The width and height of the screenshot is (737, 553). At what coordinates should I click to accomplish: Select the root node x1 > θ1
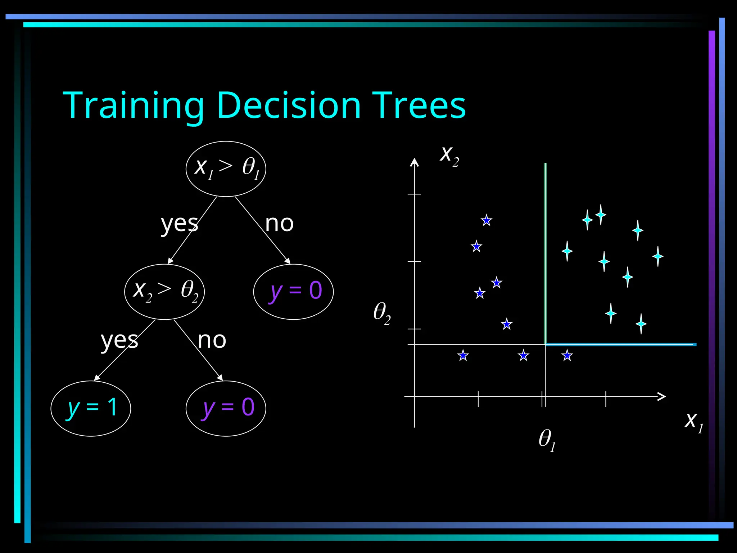pyautogui.click(x=226, y=169)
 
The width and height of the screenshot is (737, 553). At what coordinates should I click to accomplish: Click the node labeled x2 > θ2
pyautogui.click(x=164, y=292)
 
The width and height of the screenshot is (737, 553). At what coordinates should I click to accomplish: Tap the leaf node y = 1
pyautogui.click(x=91, y=408)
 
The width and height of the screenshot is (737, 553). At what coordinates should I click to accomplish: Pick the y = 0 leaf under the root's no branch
pyautogui.click(x=293, y=292)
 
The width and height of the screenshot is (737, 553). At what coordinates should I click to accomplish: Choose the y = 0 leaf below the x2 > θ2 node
pyautogui.click(x=226, y=408)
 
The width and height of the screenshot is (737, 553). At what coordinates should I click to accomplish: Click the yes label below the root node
pyautogui.click(x=179, y=224)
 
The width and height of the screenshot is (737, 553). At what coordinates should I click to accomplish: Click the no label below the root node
pyautogui.click(x=279, y=224)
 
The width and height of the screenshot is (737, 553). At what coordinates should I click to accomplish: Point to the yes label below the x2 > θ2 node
pyautogui.click(x=119, y=340)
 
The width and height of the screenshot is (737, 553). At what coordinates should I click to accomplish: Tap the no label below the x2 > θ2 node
pyautogui.click(x=212, y=340)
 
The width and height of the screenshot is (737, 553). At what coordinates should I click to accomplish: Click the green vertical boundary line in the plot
pyautogui.click(x=545, y=252)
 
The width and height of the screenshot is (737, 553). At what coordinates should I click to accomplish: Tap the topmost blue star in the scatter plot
pyautogui.click(x=487, y=220)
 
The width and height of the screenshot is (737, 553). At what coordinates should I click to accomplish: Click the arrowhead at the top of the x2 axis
pyautogui.click(x=415, y=162)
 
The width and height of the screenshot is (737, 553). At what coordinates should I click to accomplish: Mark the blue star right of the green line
pyautogui.click(x=567, y=356)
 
